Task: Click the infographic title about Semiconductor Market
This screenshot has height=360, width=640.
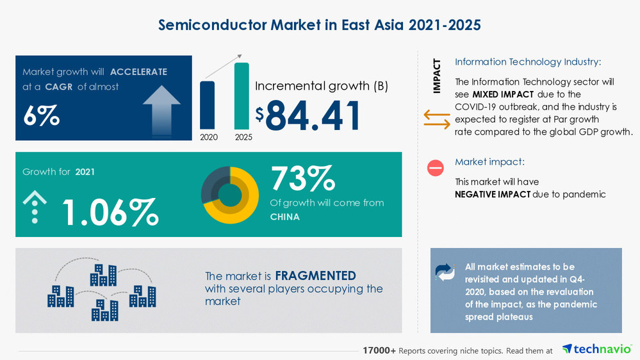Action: tap(319, 25)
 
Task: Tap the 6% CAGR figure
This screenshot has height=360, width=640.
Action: tap(41, 115)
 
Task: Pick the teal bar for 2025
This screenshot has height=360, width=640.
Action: tap(242, 95)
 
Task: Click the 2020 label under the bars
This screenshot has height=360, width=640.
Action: tap(208, 136)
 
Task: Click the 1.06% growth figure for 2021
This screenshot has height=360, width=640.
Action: tap(110, 211)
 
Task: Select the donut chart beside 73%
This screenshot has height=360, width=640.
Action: tap(229, 195)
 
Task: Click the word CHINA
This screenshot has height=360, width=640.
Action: tap(284, 217)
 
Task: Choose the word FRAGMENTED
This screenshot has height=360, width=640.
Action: tap(315, 276)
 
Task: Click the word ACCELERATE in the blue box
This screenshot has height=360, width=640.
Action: tap(138, 72)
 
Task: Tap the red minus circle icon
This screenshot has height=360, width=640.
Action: tap(435, 168)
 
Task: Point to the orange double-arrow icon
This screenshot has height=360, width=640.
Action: tap(436, 119)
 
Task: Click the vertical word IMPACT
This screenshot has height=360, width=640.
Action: tap(437, 76)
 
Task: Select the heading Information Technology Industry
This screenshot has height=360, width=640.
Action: tap(528, 62)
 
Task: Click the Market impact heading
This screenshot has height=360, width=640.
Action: tap(489, 162)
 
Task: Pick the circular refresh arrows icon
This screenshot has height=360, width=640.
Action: tap(444, 272)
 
